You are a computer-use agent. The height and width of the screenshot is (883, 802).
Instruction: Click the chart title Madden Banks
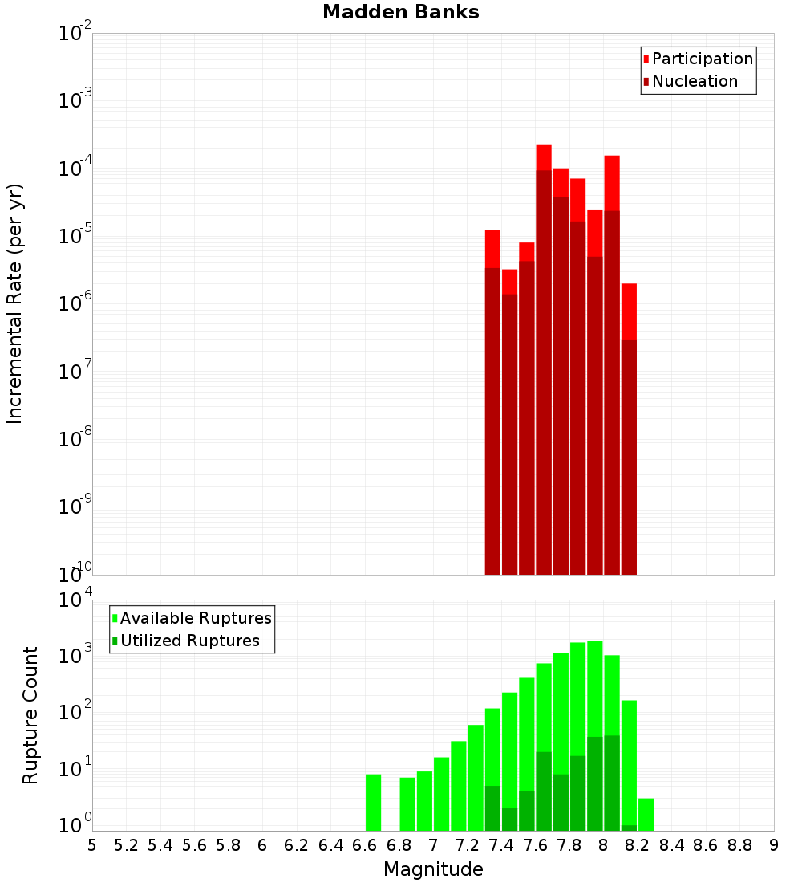coord(400,13)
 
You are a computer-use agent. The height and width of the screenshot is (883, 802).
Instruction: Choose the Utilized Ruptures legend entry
coord(189,641)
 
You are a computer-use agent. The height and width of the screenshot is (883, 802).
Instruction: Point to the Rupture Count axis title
coord(30,715)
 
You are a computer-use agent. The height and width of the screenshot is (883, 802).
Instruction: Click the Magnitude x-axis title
coord(433,869)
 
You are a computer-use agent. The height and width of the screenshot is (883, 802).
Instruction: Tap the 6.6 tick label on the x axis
coord(364,845)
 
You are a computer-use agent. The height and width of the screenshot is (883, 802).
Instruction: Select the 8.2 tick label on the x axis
coord(637,845)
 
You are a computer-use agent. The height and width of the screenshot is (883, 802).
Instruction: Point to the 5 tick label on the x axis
coord(92,845)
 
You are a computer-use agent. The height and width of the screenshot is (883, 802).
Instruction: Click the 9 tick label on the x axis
coord(774,845)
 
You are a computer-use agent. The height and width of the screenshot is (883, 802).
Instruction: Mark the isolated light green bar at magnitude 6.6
coord(373,802)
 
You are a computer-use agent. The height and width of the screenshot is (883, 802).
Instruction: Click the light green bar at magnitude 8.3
coord(646,814)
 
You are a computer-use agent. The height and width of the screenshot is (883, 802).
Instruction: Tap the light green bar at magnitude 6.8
coord(407,804)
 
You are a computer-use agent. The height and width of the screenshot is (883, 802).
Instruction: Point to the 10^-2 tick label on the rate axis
coord(75,35)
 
